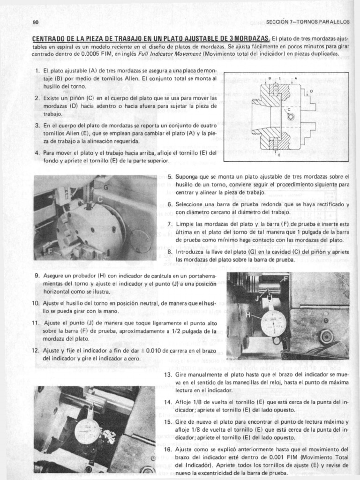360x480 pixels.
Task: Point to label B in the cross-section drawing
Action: (270, 78)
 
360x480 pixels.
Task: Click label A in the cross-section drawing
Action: (296, 78)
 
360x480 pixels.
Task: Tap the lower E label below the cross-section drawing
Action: (279, 155)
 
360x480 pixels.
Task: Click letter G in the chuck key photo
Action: (105, 188)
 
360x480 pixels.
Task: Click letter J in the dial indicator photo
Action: (256, 297)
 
